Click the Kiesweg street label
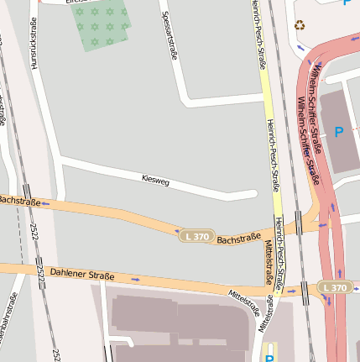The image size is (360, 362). [x=156, y=180]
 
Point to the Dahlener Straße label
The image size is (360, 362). [x=81, y=274]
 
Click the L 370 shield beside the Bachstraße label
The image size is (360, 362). [x=197, y=238]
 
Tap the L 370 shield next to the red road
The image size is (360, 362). [x=333, y=288]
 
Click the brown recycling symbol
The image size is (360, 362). [x=300, y=24]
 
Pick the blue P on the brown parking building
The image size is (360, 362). [x=339, y=132]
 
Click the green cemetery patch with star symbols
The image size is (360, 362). [x=103, y=26]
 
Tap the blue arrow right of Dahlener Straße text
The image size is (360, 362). [x=136, y=278]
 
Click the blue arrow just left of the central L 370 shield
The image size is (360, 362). [x=177, y=230]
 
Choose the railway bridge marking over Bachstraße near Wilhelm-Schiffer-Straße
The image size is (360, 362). [x=300, y=223]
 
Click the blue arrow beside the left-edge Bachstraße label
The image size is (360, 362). [x=45, y=203]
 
